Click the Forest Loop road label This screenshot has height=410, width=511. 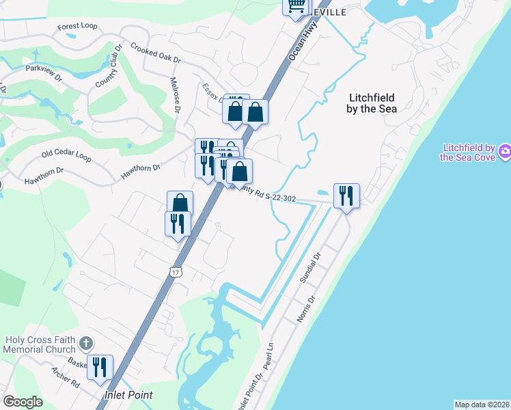77,27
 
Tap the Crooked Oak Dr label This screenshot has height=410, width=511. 155,55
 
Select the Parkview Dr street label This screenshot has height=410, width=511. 43,68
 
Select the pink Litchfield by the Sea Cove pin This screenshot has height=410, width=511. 505,151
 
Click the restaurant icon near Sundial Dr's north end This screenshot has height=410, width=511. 346,195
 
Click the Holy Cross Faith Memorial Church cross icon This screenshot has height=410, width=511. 85,342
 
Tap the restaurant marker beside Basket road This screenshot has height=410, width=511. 100,367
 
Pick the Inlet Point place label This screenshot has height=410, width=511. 128,395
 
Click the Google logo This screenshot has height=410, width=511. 23,402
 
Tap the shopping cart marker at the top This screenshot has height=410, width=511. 296,6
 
